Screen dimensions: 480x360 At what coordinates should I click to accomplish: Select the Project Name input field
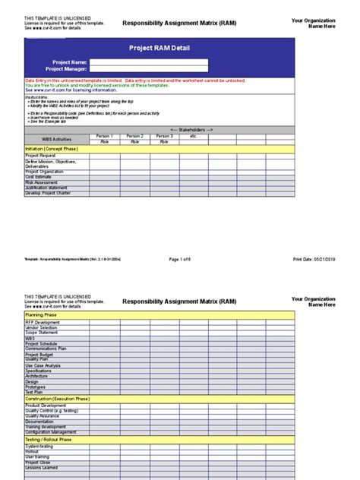point(148,62)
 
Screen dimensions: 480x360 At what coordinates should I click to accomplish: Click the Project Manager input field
point(148,69)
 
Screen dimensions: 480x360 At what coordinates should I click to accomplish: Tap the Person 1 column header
point(104,136)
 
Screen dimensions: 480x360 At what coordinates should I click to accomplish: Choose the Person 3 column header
point(164,136)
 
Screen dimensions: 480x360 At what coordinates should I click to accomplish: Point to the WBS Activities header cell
point(56,139)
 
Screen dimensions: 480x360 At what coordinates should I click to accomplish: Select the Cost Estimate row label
point(39,177)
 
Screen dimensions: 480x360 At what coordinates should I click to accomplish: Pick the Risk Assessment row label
point(41,182)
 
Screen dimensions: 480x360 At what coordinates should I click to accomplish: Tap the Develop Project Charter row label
point(48,193)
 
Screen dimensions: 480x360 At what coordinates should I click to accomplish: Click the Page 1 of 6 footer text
point(180,259)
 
